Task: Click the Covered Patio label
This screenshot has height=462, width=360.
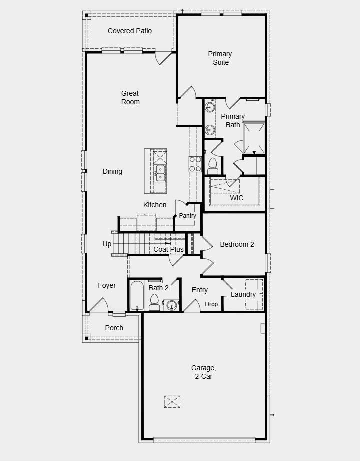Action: [x=130, y=31]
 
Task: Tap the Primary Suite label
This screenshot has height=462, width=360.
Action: [x=220, y=58]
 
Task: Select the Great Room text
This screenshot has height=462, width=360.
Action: [x=130, y=98]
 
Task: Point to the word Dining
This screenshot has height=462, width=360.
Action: [x=112, y=171]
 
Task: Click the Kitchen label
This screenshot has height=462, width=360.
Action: [x=155, y=205]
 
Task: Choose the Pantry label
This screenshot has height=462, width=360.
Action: [x=188, y=216]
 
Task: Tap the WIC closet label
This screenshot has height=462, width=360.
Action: [x=236, y=198]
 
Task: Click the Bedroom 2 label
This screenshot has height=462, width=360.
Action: [x=237, y=244]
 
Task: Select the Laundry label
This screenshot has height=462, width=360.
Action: [x=243, y=294]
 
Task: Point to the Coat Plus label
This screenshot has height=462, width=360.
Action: [x=168, y=249]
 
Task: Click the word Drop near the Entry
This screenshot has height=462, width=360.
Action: [x=211, y=304]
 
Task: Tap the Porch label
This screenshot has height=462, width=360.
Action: [x=114, y=328]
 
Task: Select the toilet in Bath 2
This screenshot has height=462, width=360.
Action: [x=154, y=302]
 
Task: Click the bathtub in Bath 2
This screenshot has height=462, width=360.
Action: [x=137, y=296]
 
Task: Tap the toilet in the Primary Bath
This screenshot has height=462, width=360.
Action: [x=213, y=164]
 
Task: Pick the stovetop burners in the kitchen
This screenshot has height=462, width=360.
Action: [x=195, y=164]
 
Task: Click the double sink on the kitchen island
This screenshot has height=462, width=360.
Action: [x=161, y=172]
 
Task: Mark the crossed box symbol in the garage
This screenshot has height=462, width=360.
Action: [x=172, y=401]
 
